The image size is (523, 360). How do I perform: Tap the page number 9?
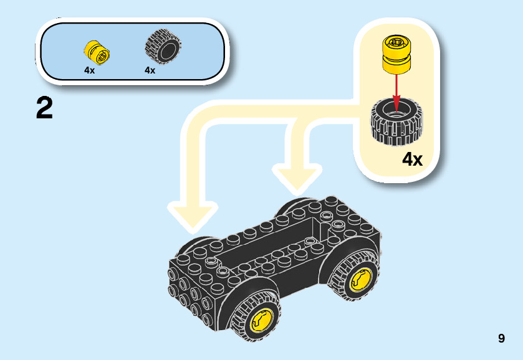(501, 339)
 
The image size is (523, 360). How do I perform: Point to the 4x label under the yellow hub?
(90, 70)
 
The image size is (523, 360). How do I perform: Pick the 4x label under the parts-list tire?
(150, 70)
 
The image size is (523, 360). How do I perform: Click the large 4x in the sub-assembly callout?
(412, 159)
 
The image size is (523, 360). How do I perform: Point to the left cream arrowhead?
(195, 214)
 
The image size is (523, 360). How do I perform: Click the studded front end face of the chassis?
(190, 293)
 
